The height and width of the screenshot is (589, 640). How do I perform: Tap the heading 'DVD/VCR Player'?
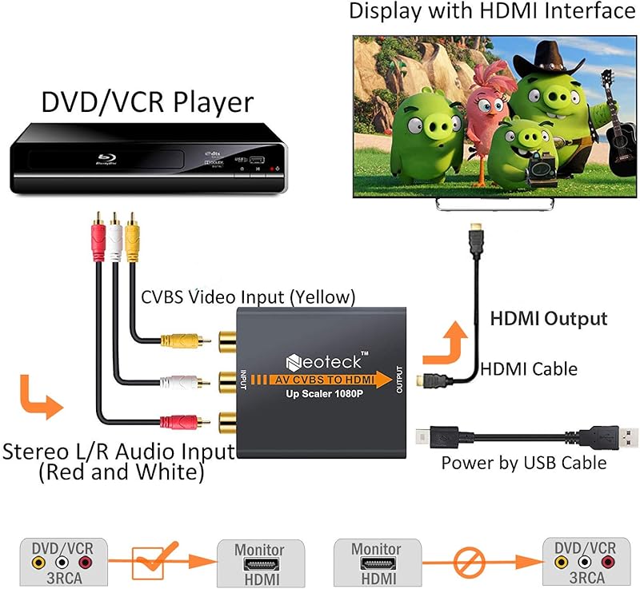pos(147,102)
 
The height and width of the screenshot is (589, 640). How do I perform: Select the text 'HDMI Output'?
pos(548,319)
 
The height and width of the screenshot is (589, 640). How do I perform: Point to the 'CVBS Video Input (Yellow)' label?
pos(248,297)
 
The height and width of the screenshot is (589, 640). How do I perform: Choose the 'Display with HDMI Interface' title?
pos(492,11)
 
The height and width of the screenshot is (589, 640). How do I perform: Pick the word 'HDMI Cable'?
pos(528,368)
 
